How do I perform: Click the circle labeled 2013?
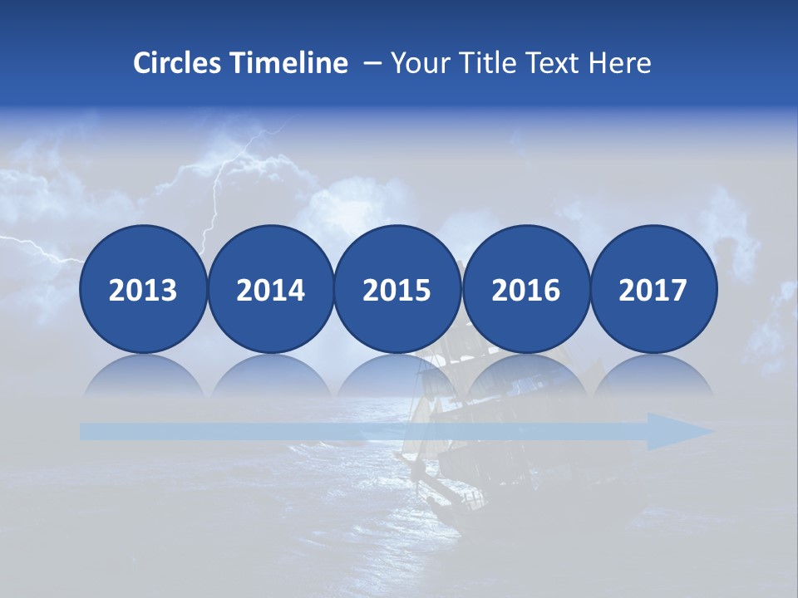pos(143,290)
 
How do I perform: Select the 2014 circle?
pos(271,290)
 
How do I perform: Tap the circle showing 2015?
pos(397,290)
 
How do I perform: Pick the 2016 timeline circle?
pos(525,290)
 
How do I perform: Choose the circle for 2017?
pos(653,290)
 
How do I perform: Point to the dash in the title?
pos(372,63)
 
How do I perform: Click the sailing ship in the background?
pos(449,432)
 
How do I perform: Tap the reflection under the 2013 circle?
pos(143,375)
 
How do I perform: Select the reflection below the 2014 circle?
pos(271,375)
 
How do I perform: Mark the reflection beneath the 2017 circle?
pos(653,375)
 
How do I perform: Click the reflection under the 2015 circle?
pos(397,375)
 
